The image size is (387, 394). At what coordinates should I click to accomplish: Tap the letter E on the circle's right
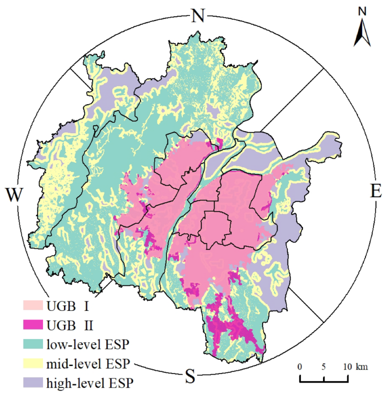point(376,191)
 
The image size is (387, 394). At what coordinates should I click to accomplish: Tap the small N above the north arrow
point(362,11)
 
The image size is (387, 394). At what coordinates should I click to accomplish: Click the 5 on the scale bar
point(324,366)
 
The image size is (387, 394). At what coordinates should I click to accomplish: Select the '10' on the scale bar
point(347,366)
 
